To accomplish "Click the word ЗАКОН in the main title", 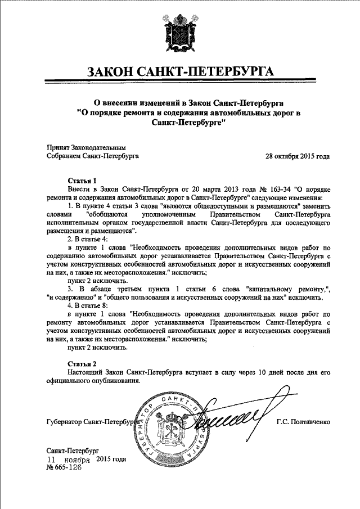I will click(x=115, y=73).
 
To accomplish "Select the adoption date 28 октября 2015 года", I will click(x=297, y=156).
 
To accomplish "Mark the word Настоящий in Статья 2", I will click(x=85, y=372).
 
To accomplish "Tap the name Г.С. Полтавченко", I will click(x=303, y=421).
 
